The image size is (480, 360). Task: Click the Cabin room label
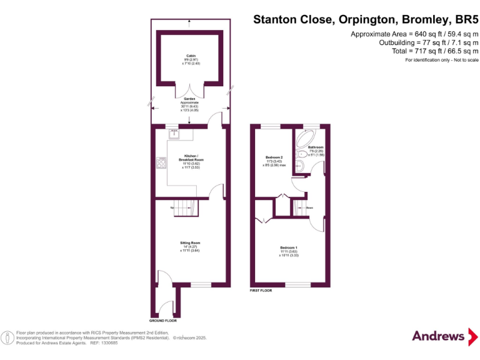click(189, 56)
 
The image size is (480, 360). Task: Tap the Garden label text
click(189, 99)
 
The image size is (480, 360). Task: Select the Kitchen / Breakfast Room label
click(191, 157)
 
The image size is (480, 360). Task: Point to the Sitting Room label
click(191, 242)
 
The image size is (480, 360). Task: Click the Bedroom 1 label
click(288, 247)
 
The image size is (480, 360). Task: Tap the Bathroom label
click(316, 147)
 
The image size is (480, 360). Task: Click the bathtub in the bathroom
click(307, 138)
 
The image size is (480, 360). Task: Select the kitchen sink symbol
click(174, 132)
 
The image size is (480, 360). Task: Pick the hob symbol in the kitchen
click(161, 163)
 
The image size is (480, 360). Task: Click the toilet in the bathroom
click(300, 166)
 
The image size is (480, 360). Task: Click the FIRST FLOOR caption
click(261, 291)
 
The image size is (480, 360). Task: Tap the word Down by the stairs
click(309, 207)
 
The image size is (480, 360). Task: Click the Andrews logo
click(439, 336)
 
